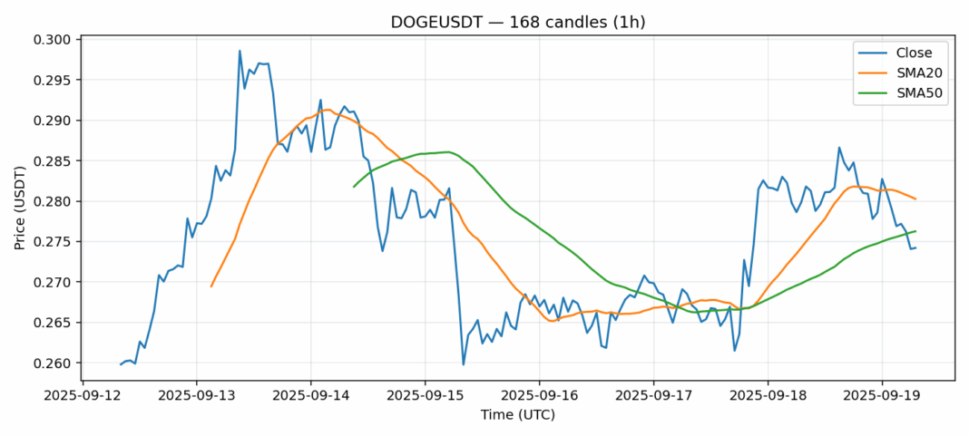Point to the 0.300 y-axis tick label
(x=51, y=40)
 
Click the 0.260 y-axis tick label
(x=51, y=363)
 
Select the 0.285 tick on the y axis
(x=51, y=161)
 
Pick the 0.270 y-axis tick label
(x=51, y=283)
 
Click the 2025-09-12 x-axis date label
(x=83, y=396)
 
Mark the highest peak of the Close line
(x=240, y=51)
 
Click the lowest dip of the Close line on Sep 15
(x=464, y=364)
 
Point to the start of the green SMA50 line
(x=354, y=187)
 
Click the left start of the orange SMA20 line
(x=211, y=286)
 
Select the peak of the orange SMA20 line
(x=328, y=110)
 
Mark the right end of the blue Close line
(x=915, y=247)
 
